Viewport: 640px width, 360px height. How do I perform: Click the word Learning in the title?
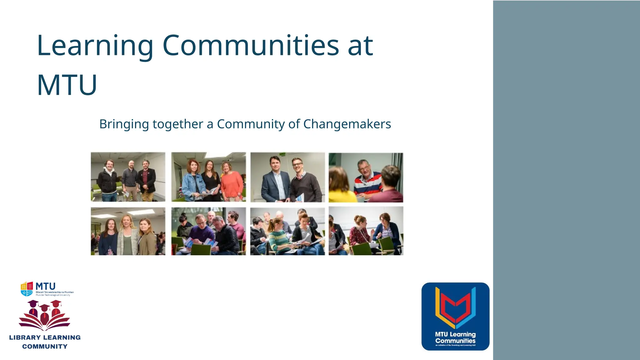pyautogui.click(x=95, y=46)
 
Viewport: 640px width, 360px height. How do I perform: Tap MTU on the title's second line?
pyautogui.click(x=67, y=85)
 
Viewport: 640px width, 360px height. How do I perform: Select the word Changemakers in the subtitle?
pyautogui.click(x=347, y=124)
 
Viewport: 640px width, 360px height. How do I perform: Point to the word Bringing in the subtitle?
pyautogui.click(x=124, y=124)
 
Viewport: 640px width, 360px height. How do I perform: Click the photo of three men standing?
pyautogui.click(x=128, y=177)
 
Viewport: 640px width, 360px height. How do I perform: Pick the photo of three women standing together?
pyautogui.click(x=128, y=231)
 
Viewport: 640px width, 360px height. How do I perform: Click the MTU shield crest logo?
pyautogui.click(x=27, y=289)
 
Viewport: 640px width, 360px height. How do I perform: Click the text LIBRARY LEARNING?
pyautogui.click(x=45, y=337)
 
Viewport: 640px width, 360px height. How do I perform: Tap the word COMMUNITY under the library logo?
pyautogui.click(x=45, y=347)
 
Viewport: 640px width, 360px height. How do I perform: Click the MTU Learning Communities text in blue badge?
pyautogui.click(x=455, y=337)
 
